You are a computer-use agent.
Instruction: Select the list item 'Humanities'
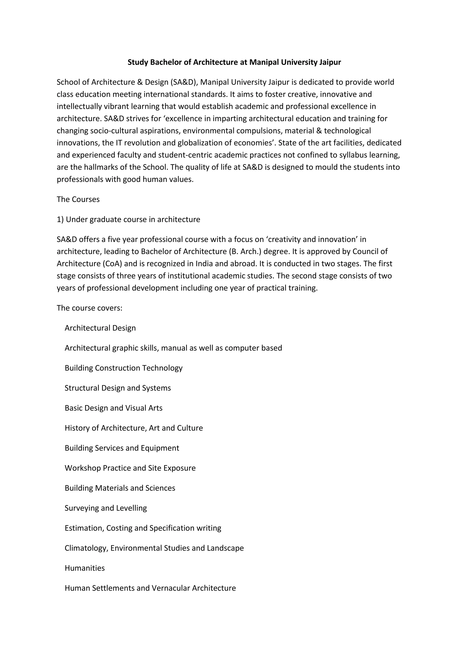tap(85, 568)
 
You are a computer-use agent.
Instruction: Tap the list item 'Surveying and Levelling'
tap(106, 508)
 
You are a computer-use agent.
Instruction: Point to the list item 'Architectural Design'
tap(100, 328)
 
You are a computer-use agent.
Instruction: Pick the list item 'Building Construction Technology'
tap(124, 368)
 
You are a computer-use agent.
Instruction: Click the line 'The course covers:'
tap(90, 308)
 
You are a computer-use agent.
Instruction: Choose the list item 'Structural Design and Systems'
tap(118, 388)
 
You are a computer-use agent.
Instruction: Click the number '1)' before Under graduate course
tap(60, 220)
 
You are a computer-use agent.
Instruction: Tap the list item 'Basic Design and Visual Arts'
tap(114, 408)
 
